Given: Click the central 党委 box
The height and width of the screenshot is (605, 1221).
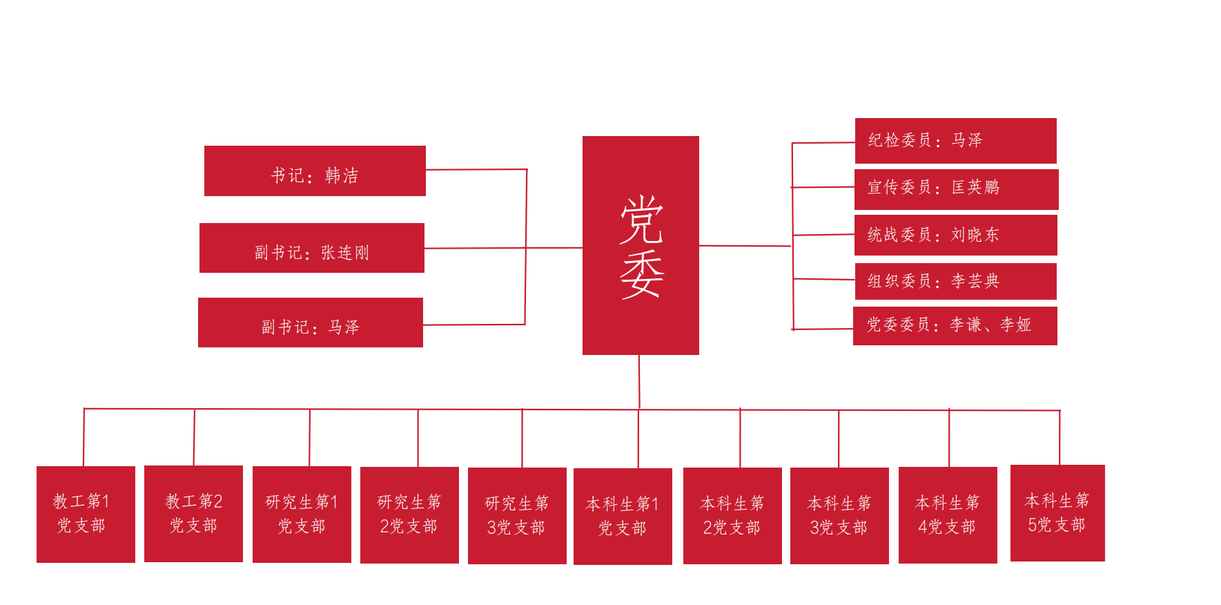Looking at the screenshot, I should [641, 245].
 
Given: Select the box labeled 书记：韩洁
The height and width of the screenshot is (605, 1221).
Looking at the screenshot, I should [315, 171].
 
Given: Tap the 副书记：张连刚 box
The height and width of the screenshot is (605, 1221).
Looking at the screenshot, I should [312, 248].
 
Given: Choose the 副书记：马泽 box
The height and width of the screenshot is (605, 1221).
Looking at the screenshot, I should [311, 323].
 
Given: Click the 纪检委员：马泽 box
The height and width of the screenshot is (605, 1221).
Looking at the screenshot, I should [955, 141].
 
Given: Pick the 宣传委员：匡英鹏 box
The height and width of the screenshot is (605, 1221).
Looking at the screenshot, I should [956, 189].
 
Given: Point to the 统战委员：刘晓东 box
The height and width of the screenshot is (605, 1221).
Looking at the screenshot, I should [956, 235].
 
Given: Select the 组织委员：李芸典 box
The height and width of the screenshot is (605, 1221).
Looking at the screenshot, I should [955, 281].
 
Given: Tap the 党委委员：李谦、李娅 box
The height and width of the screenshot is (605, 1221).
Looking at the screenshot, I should [955, 325].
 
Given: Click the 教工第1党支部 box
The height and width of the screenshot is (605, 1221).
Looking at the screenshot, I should [86, 515].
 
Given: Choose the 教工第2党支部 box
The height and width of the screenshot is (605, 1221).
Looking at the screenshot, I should [193, 514].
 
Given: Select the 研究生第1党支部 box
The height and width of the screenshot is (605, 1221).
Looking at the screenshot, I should [302, 515].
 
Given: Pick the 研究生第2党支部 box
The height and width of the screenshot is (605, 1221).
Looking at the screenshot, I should [409, 515].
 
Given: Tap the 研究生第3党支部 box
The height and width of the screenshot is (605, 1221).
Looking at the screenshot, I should [517, 516].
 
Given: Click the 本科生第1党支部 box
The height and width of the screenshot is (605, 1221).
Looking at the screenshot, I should [623, 517].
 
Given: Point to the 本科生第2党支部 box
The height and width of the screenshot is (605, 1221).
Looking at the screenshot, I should [732, 516].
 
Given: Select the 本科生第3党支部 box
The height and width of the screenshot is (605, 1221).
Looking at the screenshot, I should [839, 516].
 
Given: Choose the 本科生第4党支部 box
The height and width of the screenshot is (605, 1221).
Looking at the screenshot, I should [948, 515].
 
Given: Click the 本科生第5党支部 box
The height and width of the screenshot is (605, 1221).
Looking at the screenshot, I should [1057, 513].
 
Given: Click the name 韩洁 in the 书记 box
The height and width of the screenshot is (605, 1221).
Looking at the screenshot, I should [342, 175].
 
